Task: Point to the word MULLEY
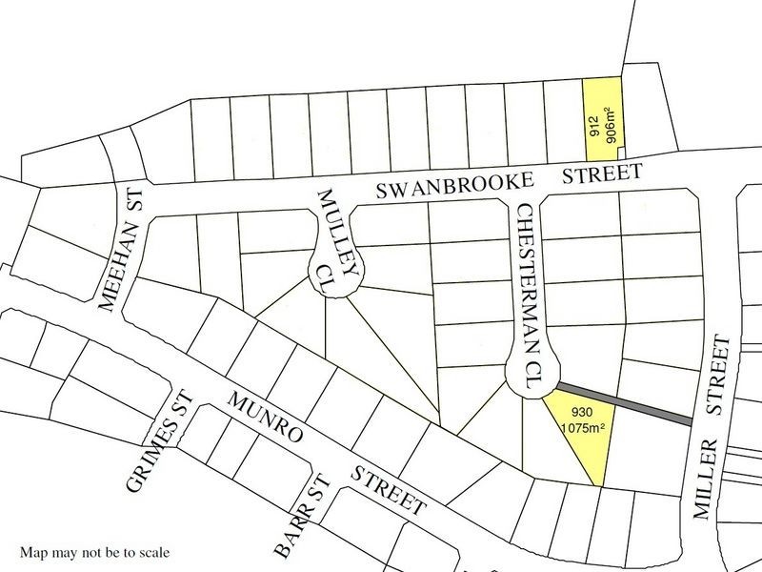[330, 218]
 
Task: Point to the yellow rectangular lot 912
[602, 112]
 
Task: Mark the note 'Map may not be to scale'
[94, 552]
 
